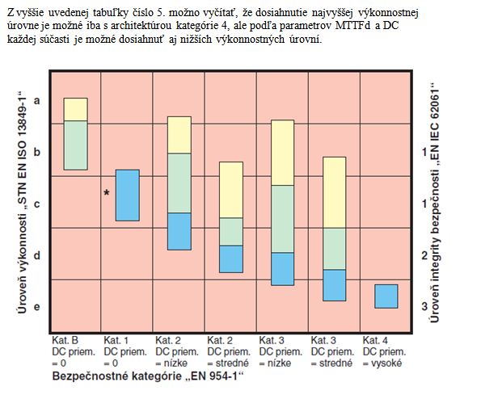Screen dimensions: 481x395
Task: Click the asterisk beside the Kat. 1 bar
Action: (107, 193)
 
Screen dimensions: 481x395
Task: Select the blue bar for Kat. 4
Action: (386, 296)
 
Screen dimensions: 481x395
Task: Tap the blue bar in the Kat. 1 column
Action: (127, 195)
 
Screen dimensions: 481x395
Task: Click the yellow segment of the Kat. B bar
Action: (75, 109)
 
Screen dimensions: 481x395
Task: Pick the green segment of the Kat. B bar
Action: (75, 145)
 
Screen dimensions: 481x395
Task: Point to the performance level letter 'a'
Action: (37, 100)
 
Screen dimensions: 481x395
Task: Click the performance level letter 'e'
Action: (37, 307)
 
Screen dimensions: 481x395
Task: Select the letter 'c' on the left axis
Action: (37, 204)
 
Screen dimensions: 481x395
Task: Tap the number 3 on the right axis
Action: (424, 306)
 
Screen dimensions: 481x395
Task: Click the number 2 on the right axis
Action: (424, 255)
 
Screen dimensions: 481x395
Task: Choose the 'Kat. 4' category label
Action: (375, 340)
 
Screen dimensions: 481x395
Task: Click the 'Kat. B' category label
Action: (65, 340)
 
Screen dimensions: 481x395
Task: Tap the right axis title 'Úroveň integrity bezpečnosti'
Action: (434, 244)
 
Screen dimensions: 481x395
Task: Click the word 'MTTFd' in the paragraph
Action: (353, 26)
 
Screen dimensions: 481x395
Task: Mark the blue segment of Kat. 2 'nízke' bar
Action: (179, 231)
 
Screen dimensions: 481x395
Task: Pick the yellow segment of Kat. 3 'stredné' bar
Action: (335, 192)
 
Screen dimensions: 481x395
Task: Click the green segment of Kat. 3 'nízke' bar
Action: (282, 219)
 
